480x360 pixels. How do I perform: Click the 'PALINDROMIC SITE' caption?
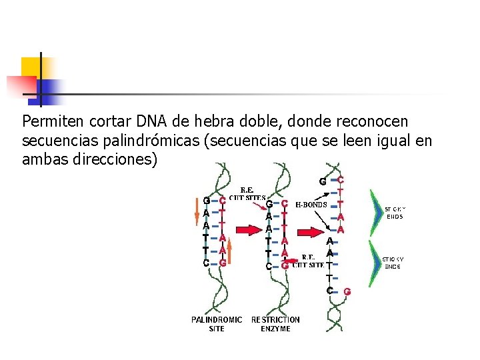[x=217, y=324]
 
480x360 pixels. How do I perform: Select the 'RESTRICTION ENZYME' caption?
[x=275, y=324]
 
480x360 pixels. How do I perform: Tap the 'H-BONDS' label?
[x=311, y=205]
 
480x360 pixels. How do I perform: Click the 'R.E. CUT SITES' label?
[x=247, y=193]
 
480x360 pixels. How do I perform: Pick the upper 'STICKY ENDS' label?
[x=395, y=213]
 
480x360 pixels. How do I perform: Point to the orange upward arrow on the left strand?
[x=229, y=254]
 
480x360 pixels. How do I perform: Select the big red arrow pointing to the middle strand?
[x=247, y=231]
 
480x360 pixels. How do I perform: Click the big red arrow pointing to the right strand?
[x=308, y=232]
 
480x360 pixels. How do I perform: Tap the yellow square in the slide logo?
[x=31, y=67]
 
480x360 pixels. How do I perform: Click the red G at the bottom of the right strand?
[x=347, y=291]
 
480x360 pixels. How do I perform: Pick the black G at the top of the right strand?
[x=322, y=181]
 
